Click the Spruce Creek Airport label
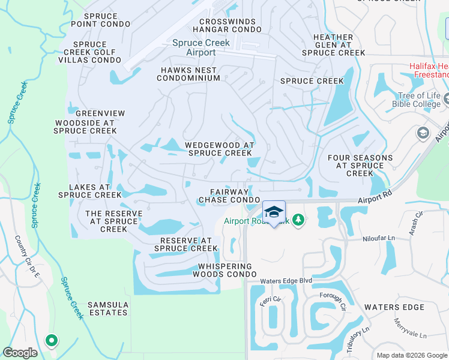pyautogui.click(x=194, y=47)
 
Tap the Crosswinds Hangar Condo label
pyautogui.click(x=224, y=25)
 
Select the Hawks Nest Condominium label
pyautogui.click(x=190, y=74)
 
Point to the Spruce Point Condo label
pyautogui.click(x=100, y=20)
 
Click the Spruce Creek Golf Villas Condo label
pyautogui.click(x=97, y=52)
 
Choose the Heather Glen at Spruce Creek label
pyautogui.click(x=333, y=45)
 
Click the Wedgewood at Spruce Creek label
pyautogui.click(x=220, y=149)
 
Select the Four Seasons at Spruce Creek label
pyautogui.click(x=360, y=166)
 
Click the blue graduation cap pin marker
pyautogui.click(x=274, y=212)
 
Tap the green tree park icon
pyautogui.click(x=298, y=221)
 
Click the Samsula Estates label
pyautogui.click(x=107, y=308)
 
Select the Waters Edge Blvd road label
pyautogui.click(x=286, y=281)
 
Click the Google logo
pyautogui.click(x=20, y=353)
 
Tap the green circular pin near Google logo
pyautogui.click(x=51, y=341)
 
